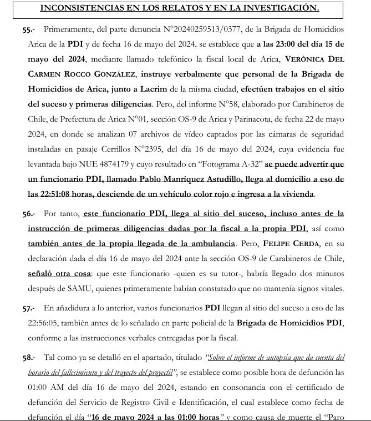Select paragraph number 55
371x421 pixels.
[x=22, y=28]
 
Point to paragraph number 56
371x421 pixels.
[x=22, y=214]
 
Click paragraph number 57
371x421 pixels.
[x=22, y=308]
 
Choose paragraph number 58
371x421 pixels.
[x=22, y=358]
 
